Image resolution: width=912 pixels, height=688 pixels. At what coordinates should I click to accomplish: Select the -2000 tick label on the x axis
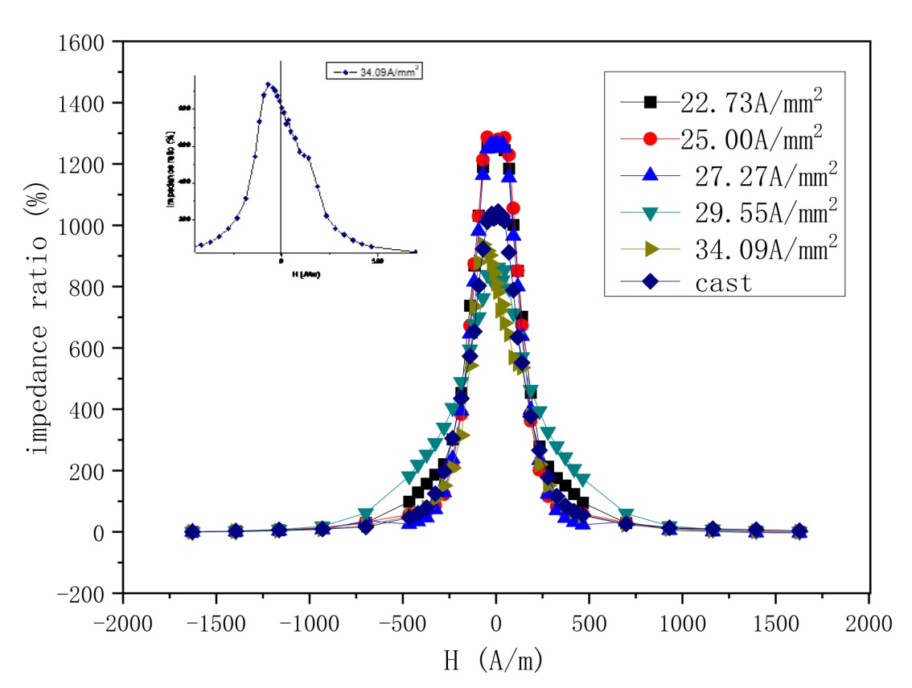[122, 624]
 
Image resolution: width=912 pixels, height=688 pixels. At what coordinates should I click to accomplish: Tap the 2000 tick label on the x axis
[869, 624]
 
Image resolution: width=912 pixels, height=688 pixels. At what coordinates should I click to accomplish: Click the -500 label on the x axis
[403, 624]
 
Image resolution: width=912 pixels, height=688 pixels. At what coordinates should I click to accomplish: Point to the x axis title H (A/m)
[494, 661]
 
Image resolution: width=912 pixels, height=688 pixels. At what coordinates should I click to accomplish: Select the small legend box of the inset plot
[375, 72]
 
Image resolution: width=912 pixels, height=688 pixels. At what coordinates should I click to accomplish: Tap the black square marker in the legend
[651, 102]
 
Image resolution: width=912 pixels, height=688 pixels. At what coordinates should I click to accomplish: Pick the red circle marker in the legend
[651, 138]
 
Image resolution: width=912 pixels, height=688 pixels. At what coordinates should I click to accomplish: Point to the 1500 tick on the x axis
[775, 624]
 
